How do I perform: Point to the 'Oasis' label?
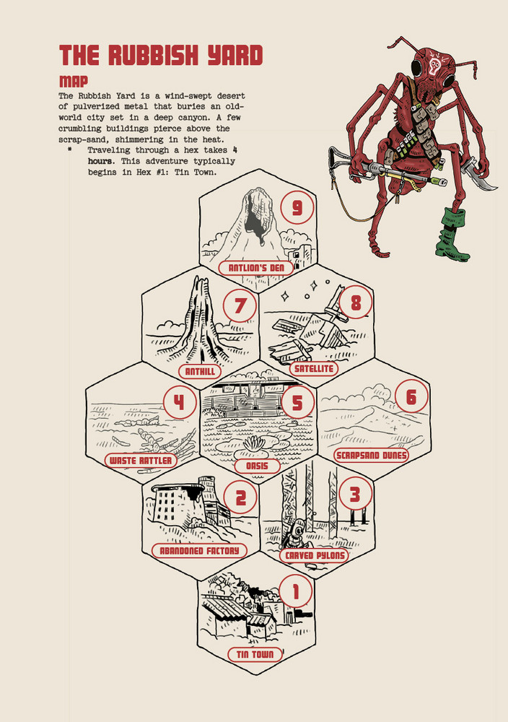coord(257,466)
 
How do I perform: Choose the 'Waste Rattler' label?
coord(141,460)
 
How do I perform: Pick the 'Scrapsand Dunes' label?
coord(372,456)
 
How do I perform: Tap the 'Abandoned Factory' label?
coord(198,551)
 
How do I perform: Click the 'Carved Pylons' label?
coord(315,555)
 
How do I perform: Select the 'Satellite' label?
coord(313,369)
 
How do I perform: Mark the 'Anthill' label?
coord(199,371)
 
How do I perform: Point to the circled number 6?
coord(411,397)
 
